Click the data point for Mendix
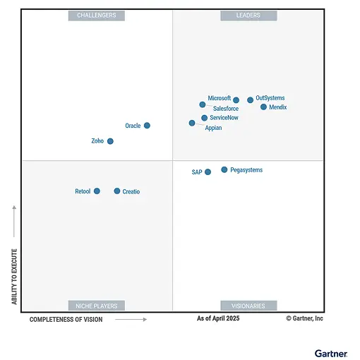(x=263, y=107)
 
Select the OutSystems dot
(x=250, y=100)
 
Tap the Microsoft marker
(x=236, y=100)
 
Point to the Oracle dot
(x=147, y=126)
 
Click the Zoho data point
(x=110, y=141)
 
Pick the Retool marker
(x=97, y=191)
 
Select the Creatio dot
(x=117, y=191)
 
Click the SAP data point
(x=208, y=172)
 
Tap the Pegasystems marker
(x=224, y=170)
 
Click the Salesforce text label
(x=226, y=109)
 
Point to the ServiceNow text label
(x=224, y=118)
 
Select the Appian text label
(x=214, y=128)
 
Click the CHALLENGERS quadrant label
(x=97, y=16)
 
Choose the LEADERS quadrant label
(x=248, y=16)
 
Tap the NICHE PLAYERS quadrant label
(x=97, y=306)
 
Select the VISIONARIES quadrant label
(x=248, y=306)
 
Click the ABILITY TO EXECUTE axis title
(x=14, y=276)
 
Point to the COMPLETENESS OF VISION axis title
(x=66, y=320)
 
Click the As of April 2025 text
(x=218, y=319)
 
